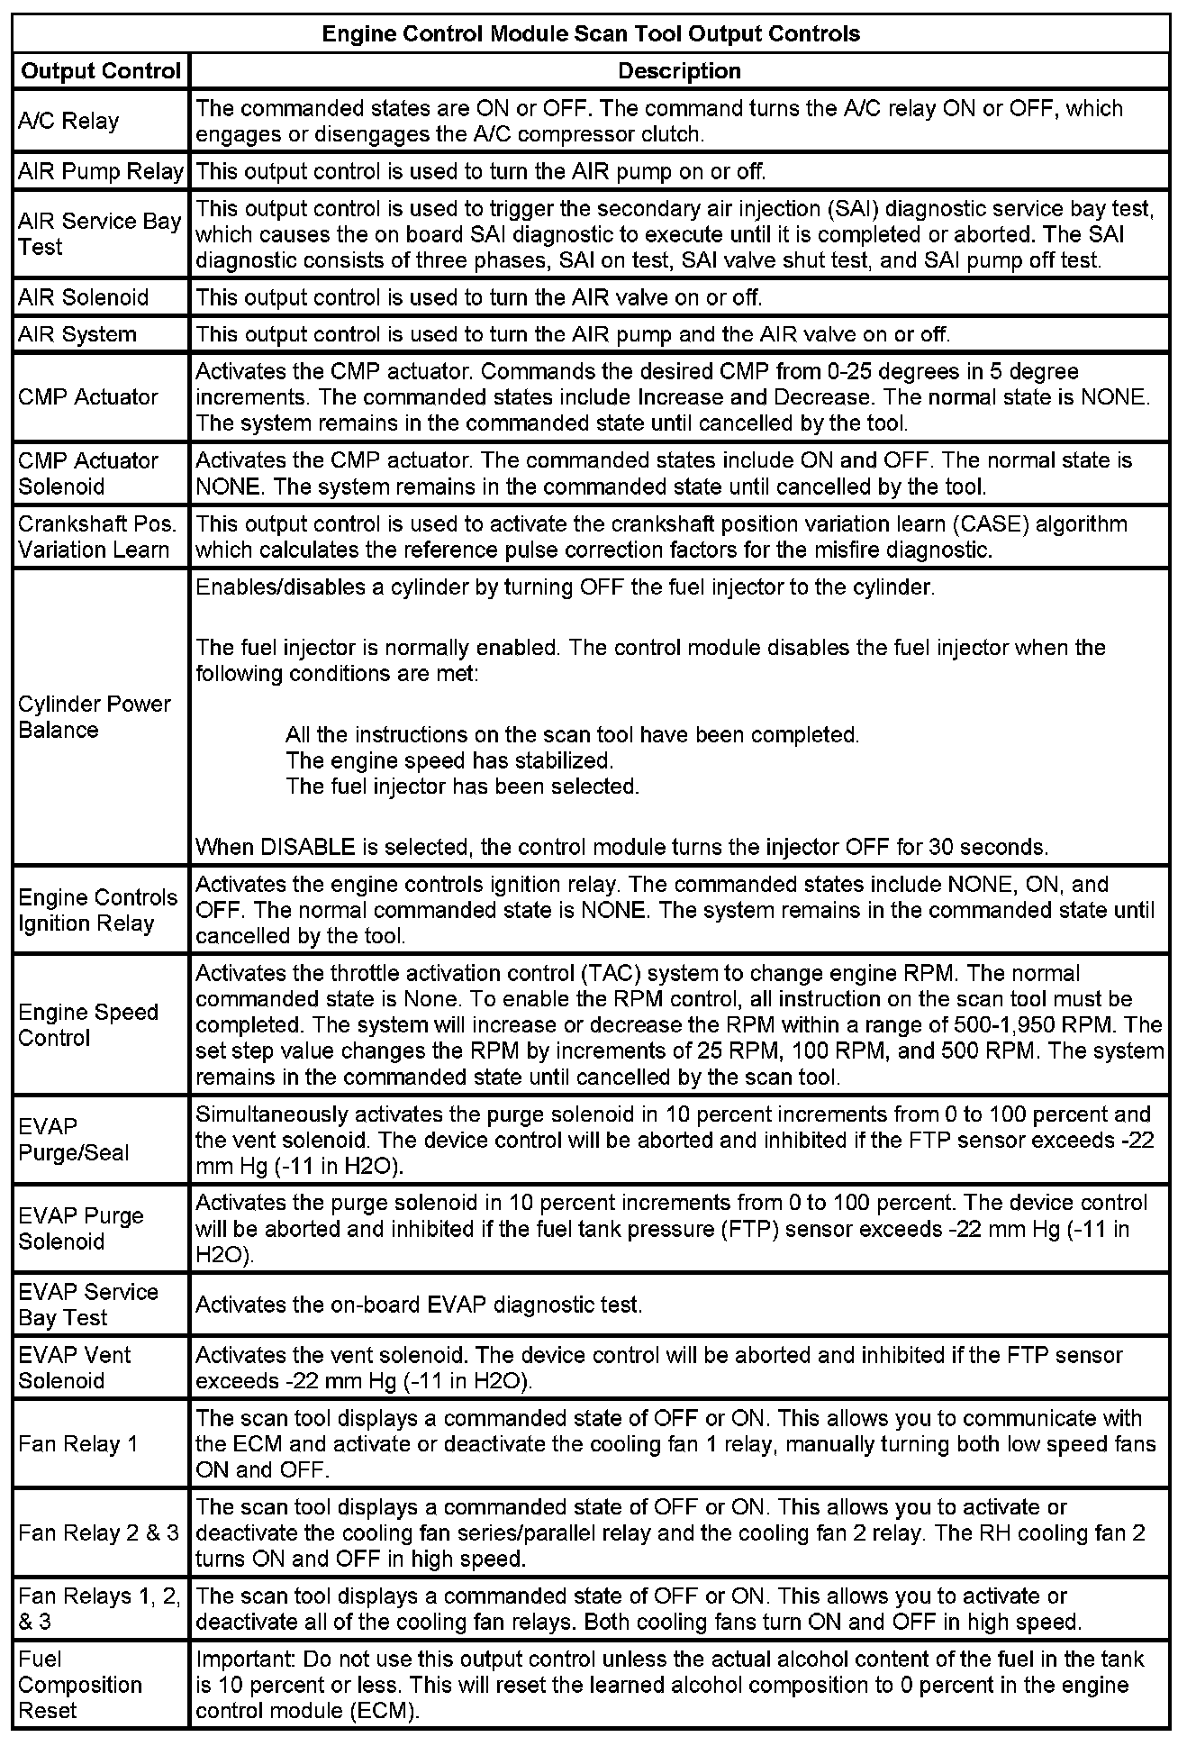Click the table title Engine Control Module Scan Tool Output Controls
(x=591, y=34)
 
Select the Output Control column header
(x=101, y=71)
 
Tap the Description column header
(x=679, y=71)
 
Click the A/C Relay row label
(x=68, y=121)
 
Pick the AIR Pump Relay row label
(x=101, y=171)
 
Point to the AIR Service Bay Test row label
(x=99, y=234)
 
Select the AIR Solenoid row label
(x=84, y=297)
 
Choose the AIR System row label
(x=77, y=334)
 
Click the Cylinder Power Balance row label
(x=94, y=717)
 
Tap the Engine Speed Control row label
(x=87, y=1025)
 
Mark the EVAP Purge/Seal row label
(x=73, y=1140)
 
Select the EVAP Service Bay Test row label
(x=87, y=1305)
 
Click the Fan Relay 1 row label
(x=77, y=1444)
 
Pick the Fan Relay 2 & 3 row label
(x=98, y=1532)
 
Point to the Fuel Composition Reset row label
(x=79, y=1685)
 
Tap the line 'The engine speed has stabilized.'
(x=449, y=760)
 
